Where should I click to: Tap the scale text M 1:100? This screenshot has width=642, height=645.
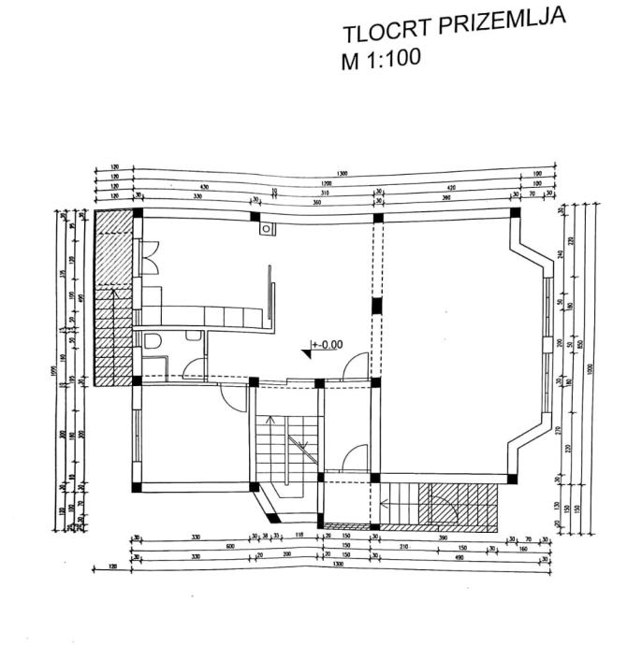(x=381, y=60)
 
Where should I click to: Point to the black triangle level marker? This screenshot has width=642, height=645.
(x=308, y=351)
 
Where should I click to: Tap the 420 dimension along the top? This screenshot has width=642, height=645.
(x=448, y=184)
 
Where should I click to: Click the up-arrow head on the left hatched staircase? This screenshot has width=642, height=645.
(x=113, y=293)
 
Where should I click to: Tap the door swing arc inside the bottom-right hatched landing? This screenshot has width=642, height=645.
(x=446, y=505)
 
